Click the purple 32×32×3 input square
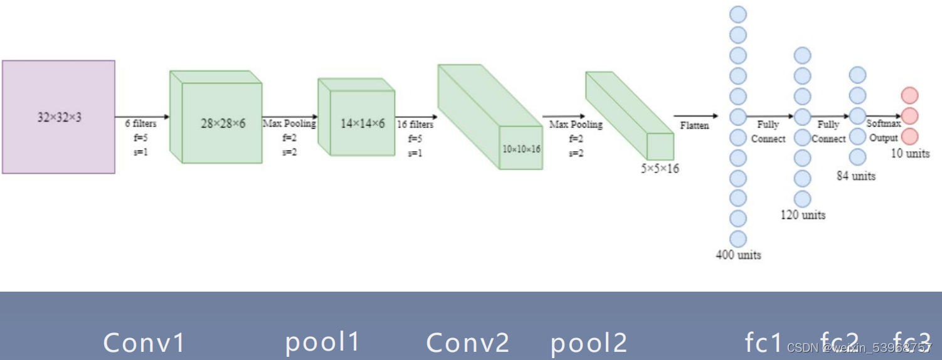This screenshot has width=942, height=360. pyautogui.click(x=58, y=117)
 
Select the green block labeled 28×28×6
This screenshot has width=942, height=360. pyautogui.click(x=222, y=124)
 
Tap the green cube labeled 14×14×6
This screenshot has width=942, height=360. pyautogui.click(x=362, y=124)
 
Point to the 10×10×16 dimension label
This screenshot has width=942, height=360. pyautogui.click(x=521, y=149)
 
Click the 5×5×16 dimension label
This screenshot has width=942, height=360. pyautogui.click(x=659, y=168)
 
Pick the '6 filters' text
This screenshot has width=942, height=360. pyautogui.click(x=140, y=124)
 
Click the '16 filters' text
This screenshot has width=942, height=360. pyautogui.click(x=415, y=125)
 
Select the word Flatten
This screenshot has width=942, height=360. pyautogui.click(x=695, y=125)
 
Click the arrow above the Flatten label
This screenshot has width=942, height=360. pyautogui.click(x=696, y=115)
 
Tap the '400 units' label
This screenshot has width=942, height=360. pyautogui.click(x=738, y=255)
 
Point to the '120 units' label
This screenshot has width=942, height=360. pyautogui.click(x=803, y=215)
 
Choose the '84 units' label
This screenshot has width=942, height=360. pyautogui.click(x=856, y=176)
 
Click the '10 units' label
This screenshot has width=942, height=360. pyautogui.click(x=910, y=154)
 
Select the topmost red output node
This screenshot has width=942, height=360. pyautogui.click(x=909, y=95)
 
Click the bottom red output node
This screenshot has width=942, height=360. pyautogui.click(x=909, y=136)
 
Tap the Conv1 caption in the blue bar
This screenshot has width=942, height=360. pyautogui.click(x=144, y=343)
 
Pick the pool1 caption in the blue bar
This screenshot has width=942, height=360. pyautogui.click(x=322, y=342)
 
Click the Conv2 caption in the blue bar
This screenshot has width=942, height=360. pyautogui.click(x=468, y=343)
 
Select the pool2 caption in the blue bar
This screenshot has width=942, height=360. pyautogui.click(x=589, y=343)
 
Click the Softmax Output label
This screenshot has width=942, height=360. pyautogui.click(x=884, y=131)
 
